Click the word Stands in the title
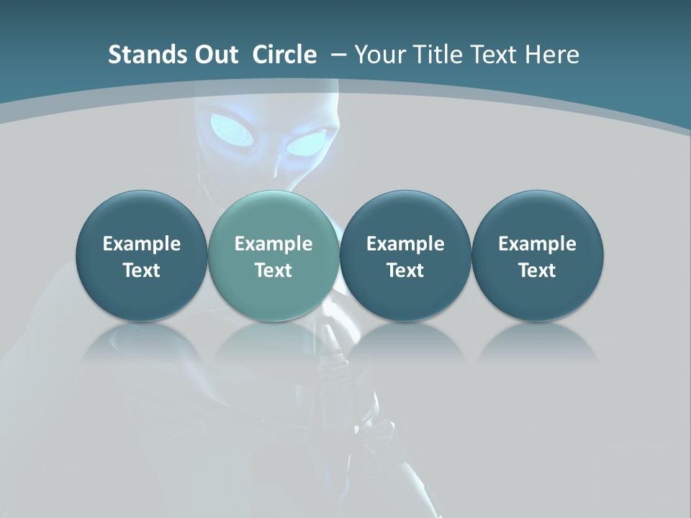click(140, 55)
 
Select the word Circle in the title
click(284, 55)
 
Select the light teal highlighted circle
click(274, 255)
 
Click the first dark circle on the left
click(142, 255)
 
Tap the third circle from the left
click(405, 255)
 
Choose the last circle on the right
click(538, 255)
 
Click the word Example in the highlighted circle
click(274, 244)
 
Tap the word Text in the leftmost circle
click(142, 271)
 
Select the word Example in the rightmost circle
click(538, 244)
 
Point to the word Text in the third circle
click(405, 271)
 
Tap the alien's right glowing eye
click(307, 143)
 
